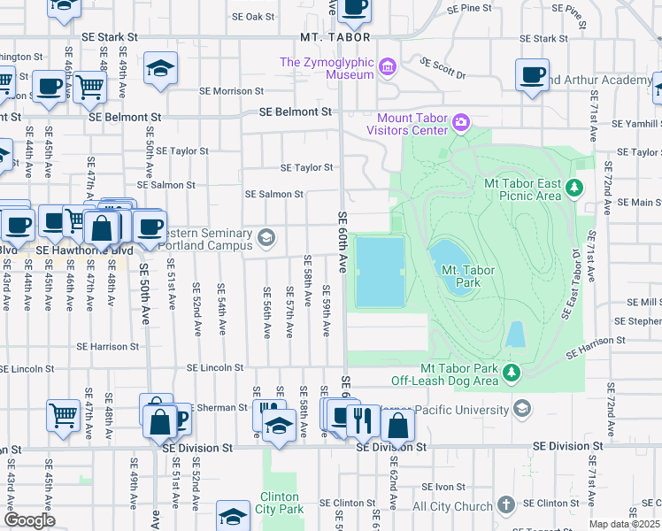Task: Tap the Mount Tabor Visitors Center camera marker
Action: tap(460, 123)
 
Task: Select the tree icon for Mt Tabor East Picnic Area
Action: tap(575, 188)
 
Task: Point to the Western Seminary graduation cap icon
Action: tap(266, 237)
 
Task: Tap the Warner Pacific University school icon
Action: tap(522, 409)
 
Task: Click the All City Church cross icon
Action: tap(505, 506)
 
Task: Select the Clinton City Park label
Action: tap(281, 503)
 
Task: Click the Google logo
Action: tap(28, 520)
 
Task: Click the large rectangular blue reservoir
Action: tap(380, 272)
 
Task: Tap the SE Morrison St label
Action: tap(231, 90)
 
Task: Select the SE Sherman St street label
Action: tap(218, 408)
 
